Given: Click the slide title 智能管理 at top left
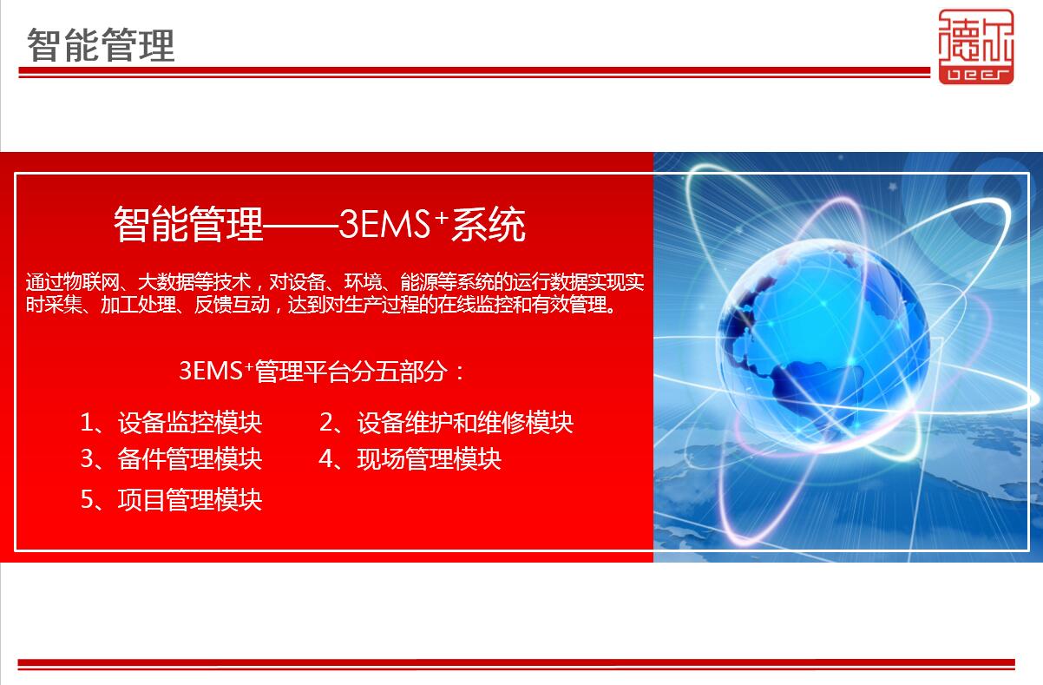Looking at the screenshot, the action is tap(101, 45).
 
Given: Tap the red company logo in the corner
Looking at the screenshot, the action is tap(976, 47).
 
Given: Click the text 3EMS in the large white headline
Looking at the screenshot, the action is tap(384, 224).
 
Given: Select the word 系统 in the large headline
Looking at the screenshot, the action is tap(489, 224).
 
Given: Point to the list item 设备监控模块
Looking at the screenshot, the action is tap(190, 423).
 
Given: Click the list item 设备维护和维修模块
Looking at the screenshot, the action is tap(465, 423).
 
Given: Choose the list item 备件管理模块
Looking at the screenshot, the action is tap(190, 458).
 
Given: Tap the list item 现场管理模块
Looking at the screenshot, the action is tap(429, 458).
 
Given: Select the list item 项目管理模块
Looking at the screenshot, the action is tap(190, 499).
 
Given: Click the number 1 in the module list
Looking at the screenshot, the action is tap(86, 423).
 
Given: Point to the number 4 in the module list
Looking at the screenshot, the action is tap(325, 459).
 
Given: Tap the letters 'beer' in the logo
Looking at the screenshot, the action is tap(976, 75).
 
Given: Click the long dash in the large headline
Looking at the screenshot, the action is tap(301, 227).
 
